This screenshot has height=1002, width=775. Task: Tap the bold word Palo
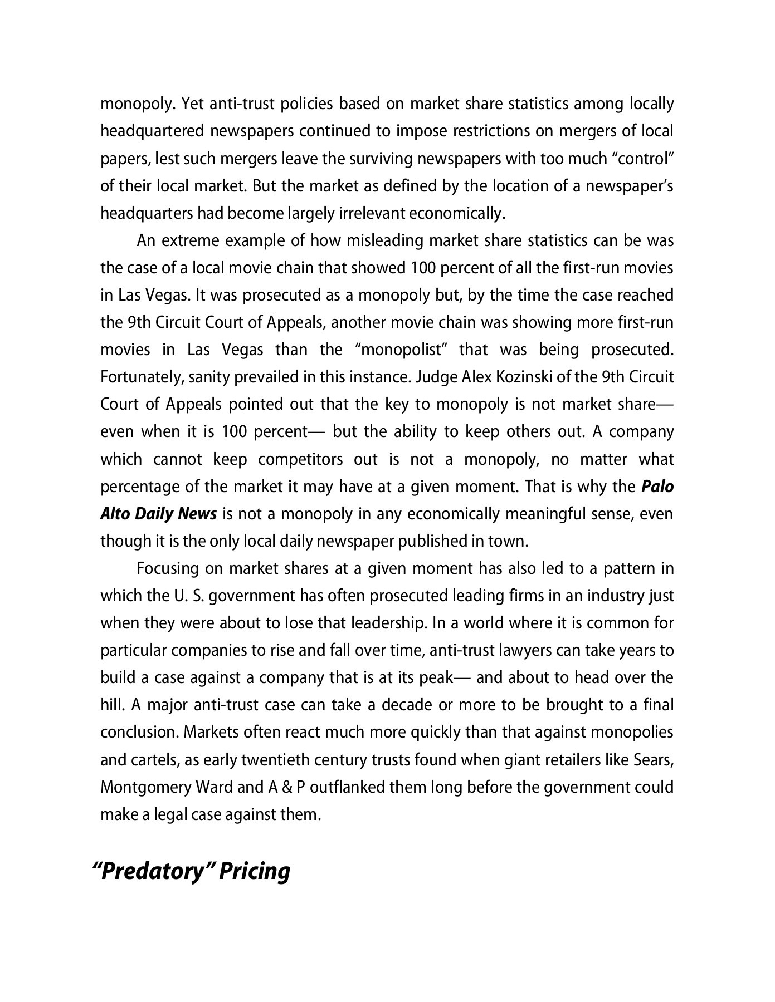coord(657,487)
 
